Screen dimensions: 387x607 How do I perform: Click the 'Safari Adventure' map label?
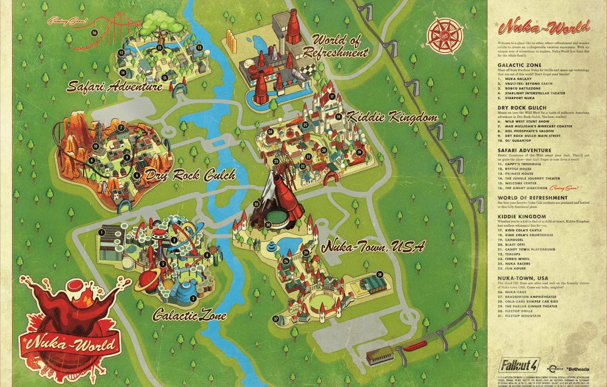[114, 87]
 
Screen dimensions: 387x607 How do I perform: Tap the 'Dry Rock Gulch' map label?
[190, 175]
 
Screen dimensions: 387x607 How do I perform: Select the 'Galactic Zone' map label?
[189, 314]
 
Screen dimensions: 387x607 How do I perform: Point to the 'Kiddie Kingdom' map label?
[392, 117]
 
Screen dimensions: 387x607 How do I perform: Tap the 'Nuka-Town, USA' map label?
[373, 247]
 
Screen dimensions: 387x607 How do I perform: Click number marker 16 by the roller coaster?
[94, 32]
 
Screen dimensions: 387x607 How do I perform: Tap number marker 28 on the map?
[380, 275]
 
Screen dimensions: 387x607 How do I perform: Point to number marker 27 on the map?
[276, 319]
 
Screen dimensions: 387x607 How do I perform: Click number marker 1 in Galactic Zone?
[102, 232]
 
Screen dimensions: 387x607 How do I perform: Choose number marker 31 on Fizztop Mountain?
[257, 204]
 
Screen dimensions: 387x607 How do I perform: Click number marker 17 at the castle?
[332, 97]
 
